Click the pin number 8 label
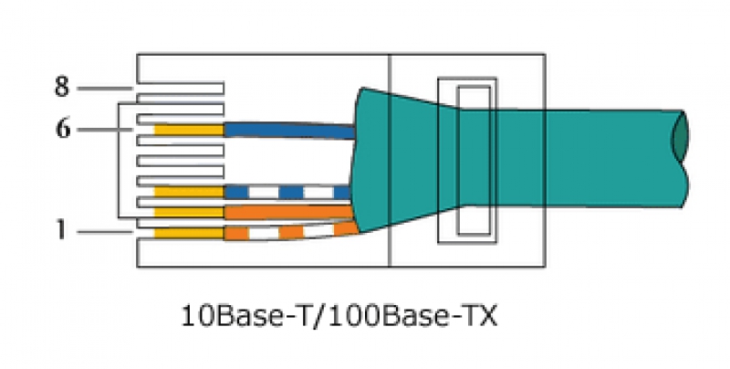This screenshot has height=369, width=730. click(x=62, y=88)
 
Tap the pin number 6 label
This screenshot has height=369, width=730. click(x=63, y=129)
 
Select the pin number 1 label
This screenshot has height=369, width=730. click(x=61, y=230)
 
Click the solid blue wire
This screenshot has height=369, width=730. click(x=289, y=131)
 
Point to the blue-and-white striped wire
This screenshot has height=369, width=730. click(x=287, y=192)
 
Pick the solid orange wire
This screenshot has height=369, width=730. click(x=288, y=212)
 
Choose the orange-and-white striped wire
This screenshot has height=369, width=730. click(x=291, y=232)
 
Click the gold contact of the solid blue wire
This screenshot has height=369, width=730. click(x=189, y=130)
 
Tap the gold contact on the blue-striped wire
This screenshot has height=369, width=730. click(x=189, y=192)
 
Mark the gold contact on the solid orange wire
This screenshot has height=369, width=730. click(x=189, y=212)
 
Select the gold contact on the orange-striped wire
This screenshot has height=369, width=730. click(x=189, y=233)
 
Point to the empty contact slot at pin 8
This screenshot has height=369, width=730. click(x=181, y=89)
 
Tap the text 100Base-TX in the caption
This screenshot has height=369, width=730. click(x=411, y=316)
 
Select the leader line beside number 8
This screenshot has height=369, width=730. click(x=105, y=88)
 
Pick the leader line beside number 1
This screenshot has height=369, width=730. click(x=105, y=232)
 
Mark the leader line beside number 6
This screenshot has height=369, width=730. click(x=105, y=129)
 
